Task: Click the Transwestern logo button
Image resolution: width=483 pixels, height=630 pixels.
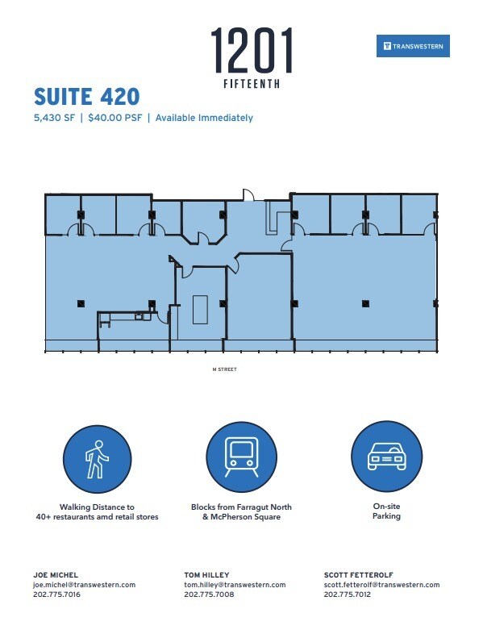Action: tap(412, 47)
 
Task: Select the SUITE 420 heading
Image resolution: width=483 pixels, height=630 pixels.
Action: tap(86, 97)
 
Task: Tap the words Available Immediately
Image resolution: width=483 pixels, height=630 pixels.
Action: tap(204, 118)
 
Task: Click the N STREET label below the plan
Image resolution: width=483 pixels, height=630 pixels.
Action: tap(225, 369)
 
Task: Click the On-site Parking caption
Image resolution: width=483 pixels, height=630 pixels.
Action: tap(385, 511)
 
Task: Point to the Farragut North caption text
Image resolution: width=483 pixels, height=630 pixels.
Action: tap(241, 511)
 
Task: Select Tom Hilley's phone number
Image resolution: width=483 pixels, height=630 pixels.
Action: tap(209, 595)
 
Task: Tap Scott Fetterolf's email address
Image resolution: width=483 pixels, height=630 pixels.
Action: tap(381, 585)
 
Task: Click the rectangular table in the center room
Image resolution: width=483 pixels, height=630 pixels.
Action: tap(200, 309)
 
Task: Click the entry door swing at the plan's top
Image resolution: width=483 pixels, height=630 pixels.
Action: tap(249, 195)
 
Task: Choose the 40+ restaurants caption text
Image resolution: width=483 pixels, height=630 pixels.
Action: tap(97, 516)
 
